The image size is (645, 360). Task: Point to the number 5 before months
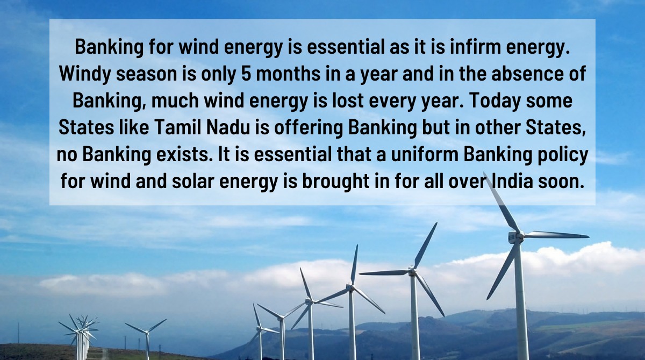247,74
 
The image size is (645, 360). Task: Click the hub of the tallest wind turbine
515,236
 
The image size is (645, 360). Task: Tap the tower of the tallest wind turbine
520,301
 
